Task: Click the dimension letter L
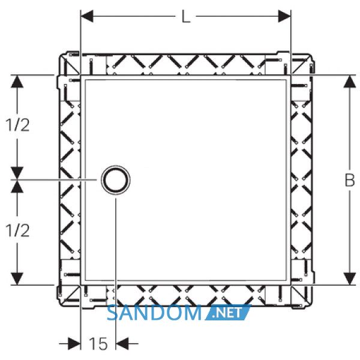pos(186,17)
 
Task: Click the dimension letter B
pos(350,180)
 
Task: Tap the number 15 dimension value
pos(98,344)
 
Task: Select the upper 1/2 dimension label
pos(17,125)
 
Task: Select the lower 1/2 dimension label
pos(17,230)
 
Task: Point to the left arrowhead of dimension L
pos(87,16)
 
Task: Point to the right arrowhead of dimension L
pos(284,16)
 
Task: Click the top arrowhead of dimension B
pos(349,81)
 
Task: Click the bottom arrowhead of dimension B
pos(349,279)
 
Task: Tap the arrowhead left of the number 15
pos(74,344)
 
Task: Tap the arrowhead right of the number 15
pos(122,344)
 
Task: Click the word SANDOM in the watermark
pos(154,313)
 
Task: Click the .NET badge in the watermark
pos(228,313)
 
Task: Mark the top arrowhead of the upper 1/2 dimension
pos(17,81)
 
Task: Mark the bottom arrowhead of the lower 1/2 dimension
pos(17,279)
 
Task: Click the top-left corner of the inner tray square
pos(80,76)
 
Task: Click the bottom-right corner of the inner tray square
pos(290,285)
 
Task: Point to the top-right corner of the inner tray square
pos(290,76)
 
